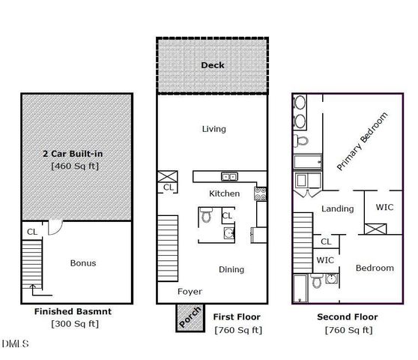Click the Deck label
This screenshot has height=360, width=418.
click(213, 65)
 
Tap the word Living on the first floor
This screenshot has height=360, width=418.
click(213, 129)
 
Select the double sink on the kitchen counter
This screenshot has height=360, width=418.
click(229, 177)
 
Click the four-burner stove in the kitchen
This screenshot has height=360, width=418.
click(261, 193)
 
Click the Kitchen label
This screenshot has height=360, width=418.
click(224, 193)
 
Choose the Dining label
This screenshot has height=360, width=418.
click(231, 269)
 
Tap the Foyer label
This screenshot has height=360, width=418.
click(190, 291)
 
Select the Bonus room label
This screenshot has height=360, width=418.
click(82, 263)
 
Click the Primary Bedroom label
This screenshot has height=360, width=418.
click(363, 142)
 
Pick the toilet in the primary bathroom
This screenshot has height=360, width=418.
click(301, 141)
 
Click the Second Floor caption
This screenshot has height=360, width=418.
click(348, 316)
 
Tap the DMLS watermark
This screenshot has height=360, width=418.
click(16, 344)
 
